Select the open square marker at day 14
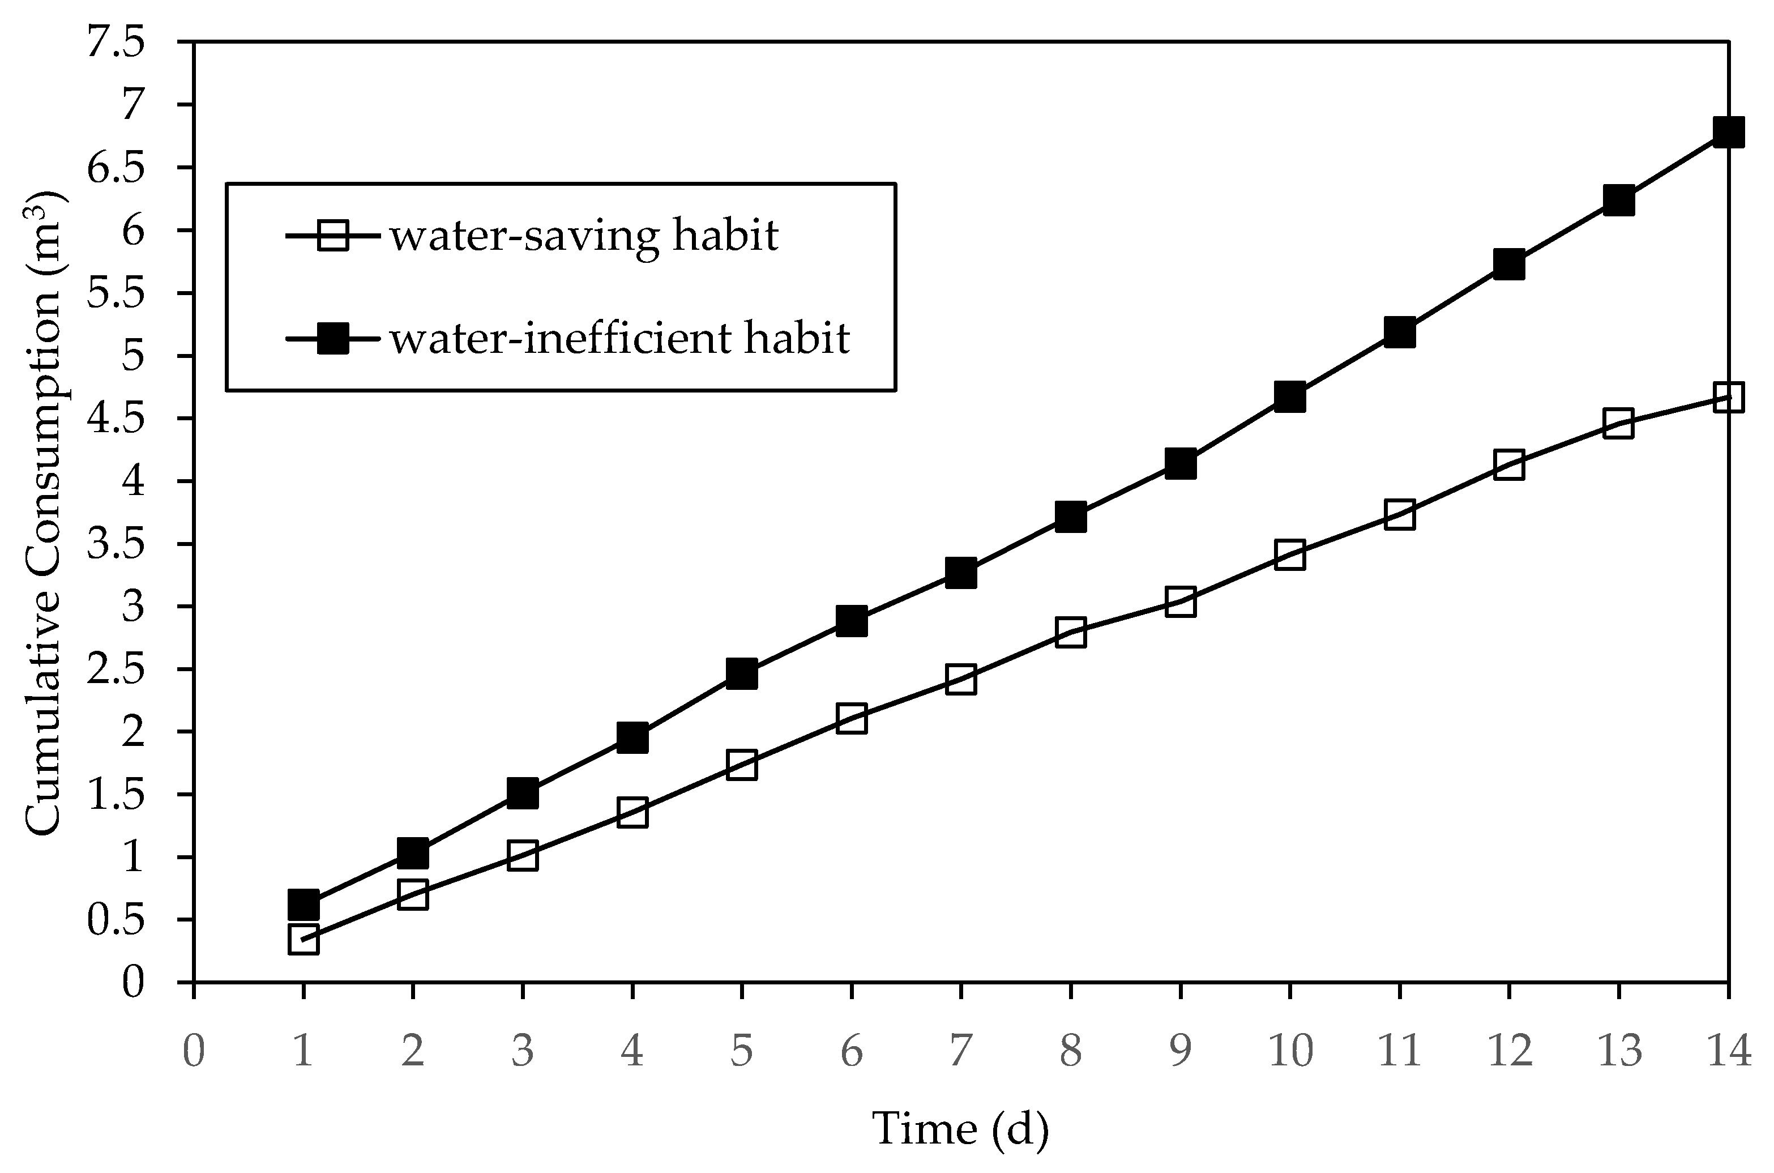1728,397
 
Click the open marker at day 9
1180,602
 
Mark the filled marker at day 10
1290,397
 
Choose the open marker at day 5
741,765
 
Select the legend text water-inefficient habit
620,339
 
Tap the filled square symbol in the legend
333,339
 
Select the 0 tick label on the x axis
194,1052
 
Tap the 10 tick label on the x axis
1290,1052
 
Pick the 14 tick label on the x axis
1728,1052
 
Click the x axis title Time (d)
960,1129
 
